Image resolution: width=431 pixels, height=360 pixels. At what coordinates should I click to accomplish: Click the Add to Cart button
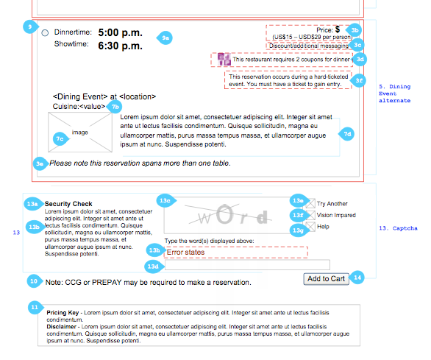pyautogui.click(x=326, y=279)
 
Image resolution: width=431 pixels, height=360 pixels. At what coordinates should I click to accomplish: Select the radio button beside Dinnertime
pyautogui.click(x=45, y=33)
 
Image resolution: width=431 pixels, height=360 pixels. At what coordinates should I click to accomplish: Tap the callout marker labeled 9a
pyautogui.click(x=165, y=38)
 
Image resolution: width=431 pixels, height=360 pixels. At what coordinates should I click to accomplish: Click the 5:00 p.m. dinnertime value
pyautogui.click(x=121, y=32)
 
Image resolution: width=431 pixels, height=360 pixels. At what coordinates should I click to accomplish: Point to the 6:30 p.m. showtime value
pyautogui.click(x=121, y=46)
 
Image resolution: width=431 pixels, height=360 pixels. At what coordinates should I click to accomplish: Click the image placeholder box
pyautogui.click(x=80, y=132)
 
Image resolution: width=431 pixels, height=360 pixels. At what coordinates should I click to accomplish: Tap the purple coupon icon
pyautogui.click(x=224, y=59)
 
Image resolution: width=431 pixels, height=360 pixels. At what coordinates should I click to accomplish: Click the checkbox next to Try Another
pyautogui.click(x=310, y=204)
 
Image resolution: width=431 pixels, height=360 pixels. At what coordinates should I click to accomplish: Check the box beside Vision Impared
pyautogui.click(x=310, y=215)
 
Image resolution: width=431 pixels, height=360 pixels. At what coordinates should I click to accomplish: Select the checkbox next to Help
pyautogui.click(x=310, y=227)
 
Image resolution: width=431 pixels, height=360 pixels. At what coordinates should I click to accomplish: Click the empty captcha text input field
pyautogui.click(x=247, y=265)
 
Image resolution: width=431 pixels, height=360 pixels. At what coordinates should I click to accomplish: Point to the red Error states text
pyautogui.click(x=185, y=252)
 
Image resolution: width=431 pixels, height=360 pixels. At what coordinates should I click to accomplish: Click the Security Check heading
pyautogui.click(x=68, y=204)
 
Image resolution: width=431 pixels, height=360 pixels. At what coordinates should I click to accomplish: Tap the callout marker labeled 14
pyautogui.click(x=357, y=278)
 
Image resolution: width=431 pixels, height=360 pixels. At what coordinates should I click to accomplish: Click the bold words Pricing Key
pyautogui.click(x=63, y=313)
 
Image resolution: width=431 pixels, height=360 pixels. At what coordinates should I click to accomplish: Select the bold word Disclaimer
pyautogui.click(x=61, y=327)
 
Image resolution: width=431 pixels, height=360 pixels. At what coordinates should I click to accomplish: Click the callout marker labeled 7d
pyautogui.click(x=347, y=134)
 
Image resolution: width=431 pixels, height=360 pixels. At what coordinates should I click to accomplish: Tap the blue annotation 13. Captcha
pyautogui.click(x=398, y=228)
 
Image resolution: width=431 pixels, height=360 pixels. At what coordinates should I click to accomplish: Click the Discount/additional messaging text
pyautogui.click(x=309, y=46)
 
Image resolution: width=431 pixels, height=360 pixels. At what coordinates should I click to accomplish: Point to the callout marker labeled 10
pyautogui.click(x=35, y=281)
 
